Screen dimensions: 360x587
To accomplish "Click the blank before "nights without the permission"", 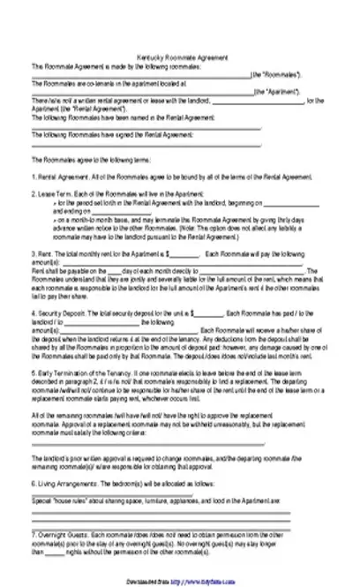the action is (49, 551).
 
